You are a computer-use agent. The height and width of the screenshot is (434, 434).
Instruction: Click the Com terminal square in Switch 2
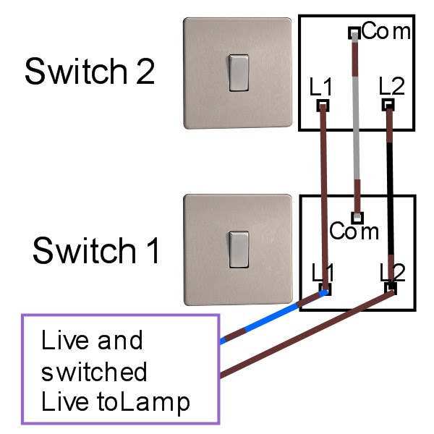pyautogui.click(x=354, y=33)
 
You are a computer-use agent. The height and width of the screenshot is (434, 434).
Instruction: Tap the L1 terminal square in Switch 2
pyautogui.click(x=323, y=106)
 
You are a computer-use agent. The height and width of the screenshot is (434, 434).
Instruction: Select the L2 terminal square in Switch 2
pyautogui.click(x=388, y=105)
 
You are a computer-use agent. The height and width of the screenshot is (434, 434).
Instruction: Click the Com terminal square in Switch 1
pyautogui.click(x=357, y=218)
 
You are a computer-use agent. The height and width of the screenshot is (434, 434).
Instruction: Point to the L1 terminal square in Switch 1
pyautogui.click(x=325, y=289)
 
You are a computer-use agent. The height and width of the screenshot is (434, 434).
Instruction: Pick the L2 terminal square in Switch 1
pyautogui.click(x=391, y=289)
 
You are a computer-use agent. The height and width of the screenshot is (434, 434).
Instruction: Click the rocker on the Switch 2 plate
pyautogui.click(x=238, y=73)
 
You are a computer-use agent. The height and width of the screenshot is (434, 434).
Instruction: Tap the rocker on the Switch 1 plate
pyautogui.click(x=238, y=250)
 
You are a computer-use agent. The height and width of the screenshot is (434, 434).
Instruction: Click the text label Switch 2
pyautogui.click(x=90, y=71)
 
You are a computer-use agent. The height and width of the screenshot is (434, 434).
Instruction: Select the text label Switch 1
pyautogui.click(x=96, y=250)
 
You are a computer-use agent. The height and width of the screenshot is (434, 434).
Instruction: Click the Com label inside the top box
pyautogui.click(x=386, y=30)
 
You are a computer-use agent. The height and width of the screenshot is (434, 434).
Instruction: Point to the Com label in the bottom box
pyautogui.click(x=354, y=231)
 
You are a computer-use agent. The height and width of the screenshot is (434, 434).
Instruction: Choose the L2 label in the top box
pyautogui.click(x=391, y=86)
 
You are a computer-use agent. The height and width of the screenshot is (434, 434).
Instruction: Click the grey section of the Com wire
pyautogui.click(x=356, y=128)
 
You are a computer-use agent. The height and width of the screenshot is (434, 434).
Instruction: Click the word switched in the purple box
pyautogui.click(x=94, y=372)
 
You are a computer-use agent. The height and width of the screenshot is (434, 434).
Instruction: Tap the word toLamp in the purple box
pyautogui.click(x=143, y=403)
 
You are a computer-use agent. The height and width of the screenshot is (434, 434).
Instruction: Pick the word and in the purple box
pyautogui.click(x=120, y=340)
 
